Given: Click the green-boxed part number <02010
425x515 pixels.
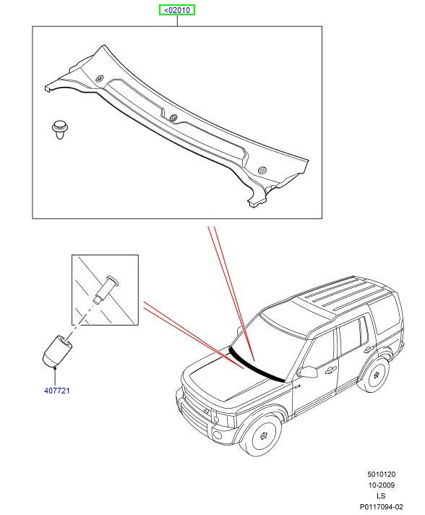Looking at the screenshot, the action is [177, 10].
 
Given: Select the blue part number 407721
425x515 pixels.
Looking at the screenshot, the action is [57, 391].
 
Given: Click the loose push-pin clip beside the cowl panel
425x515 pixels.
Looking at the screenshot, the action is [60, 129].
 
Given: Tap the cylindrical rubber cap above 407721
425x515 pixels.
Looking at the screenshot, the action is [57, 351].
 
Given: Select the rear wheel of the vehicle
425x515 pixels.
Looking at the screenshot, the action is [375, 375].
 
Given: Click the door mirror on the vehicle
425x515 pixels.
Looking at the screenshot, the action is [307, 372].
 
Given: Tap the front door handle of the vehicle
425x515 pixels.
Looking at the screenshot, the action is [330, 370].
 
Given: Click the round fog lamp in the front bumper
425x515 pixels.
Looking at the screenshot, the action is [218, 435].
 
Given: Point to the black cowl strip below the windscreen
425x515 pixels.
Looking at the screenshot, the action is [255, 365].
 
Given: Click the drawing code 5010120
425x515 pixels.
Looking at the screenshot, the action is [381, 474].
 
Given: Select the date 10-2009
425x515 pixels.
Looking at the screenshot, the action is [381, 485].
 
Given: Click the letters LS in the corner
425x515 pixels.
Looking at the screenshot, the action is [381, 495].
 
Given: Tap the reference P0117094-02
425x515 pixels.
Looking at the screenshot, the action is [381, 507].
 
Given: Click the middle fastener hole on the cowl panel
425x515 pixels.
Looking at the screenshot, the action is [173, 117].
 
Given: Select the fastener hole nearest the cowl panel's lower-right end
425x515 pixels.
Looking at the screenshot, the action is [262, 170].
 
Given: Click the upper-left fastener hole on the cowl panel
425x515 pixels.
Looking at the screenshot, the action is [99, 79].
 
